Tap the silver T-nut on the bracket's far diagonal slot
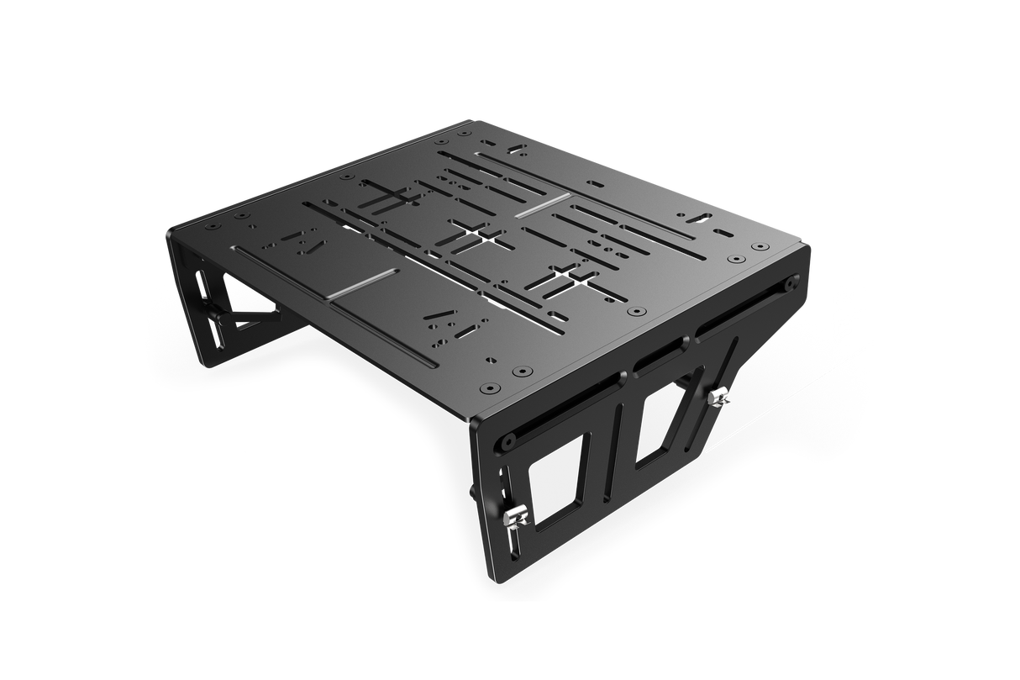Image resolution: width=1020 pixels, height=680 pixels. (x=718, y=396)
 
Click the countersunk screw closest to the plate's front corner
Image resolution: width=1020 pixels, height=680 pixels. (x=489, y=389)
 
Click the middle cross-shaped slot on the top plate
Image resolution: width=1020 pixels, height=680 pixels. (x=471, y=236)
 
